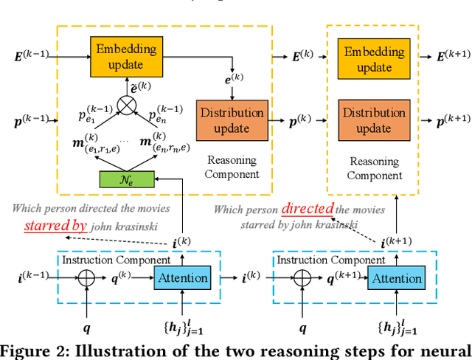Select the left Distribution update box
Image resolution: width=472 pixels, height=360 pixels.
pos(232,120)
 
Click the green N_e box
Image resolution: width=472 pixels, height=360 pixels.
pos(128,179)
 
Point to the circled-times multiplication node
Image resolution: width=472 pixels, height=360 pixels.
pos(128,107)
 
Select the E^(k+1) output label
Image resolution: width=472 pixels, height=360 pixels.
pos(451,56)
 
